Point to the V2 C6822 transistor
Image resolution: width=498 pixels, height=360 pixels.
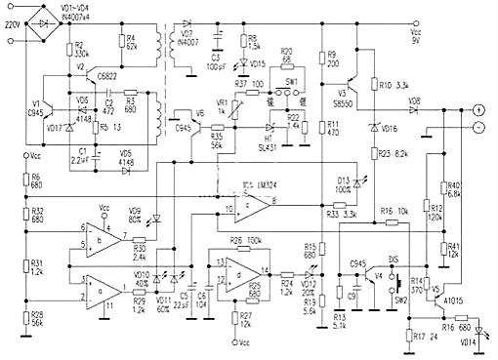tap(87, 78)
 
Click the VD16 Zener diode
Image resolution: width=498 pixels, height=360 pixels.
tap(374, 128)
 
